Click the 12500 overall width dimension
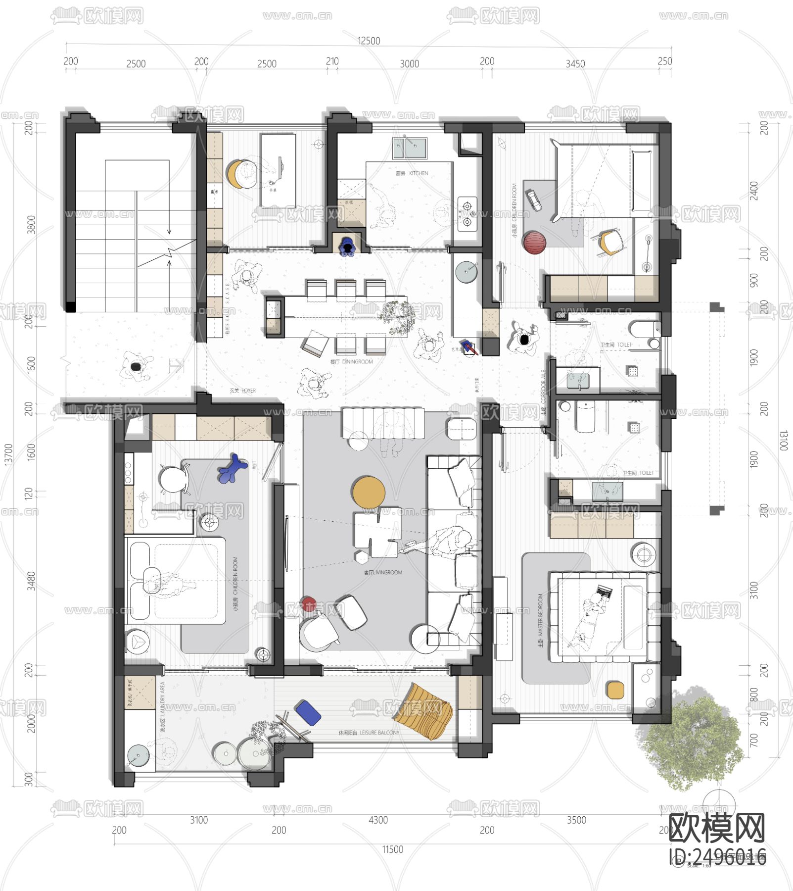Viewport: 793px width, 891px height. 369,41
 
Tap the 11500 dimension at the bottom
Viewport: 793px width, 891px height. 392,849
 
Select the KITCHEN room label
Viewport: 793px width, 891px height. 412,173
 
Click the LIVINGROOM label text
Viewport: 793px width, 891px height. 383,572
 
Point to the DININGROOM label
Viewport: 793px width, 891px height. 352,362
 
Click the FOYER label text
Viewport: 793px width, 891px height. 242,391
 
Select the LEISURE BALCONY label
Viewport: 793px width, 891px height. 369,733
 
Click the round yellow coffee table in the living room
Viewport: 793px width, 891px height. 369,492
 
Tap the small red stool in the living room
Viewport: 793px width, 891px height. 309,604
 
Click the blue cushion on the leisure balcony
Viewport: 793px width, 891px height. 308,713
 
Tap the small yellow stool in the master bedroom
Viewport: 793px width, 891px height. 615,690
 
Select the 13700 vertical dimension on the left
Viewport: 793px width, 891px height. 8,454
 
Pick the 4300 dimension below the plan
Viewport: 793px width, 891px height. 378,820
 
